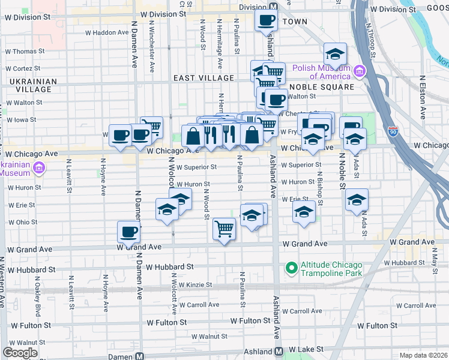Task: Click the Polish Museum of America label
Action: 321,72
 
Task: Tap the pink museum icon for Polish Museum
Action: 360,72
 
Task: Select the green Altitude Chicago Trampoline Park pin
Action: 291,267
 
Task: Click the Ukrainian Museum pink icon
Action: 39,168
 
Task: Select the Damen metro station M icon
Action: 139,356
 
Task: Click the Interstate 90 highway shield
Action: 392,132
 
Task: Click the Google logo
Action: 20,353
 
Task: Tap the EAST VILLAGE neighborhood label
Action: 203,78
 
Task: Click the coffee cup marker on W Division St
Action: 266,19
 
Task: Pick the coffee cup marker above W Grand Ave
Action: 129,231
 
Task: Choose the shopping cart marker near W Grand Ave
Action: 224,228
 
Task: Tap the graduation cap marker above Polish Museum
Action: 335,54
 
